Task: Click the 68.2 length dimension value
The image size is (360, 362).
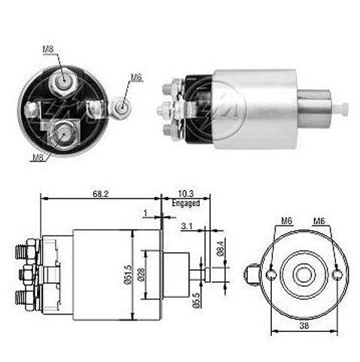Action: (x=101, y=194)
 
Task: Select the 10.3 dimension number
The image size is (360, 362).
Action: (x=186, y=194)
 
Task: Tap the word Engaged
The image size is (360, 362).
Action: (x=186, y=203)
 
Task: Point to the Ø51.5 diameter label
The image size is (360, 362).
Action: (x=128, y=275)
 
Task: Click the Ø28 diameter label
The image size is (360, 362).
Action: (x=142, y=275)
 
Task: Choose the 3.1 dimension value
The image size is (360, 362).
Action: (x=187, y=226)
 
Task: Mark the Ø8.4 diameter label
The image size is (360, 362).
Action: (x=220, y=248)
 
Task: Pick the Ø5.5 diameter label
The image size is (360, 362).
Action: (x=197, y=300)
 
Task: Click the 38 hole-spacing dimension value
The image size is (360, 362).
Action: (x=304, y=326)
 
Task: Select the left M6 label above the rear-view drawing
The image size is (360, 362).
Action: (x=287, y=221)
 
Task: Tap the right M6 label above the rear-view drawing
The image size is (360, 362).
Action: (x=319, y=221)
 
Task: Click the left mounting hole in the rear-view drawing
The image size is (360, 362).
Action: (x=271, y=275)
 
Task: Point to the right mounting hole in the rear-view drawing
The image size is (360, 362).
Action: (x=337, y=275)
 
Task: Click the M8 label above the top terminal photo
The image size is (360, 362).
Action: (x=48, y=49)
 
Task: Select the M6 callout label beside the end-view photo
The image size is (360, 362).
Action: (x=136, y=78)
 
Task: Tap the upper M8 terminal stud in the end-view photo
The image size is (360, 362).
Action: (x=63, y=81)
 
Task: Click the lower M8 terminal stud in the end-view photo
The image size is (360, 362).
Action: (x=63, y=133)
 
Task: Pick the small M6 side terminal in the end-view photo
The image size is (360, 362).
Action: (x=121, y=108)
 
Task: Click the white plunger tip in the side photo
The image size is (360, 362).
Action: (x=341, y=109)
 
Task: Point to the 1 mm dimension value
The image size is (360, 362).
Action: (x=145, y=213)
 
